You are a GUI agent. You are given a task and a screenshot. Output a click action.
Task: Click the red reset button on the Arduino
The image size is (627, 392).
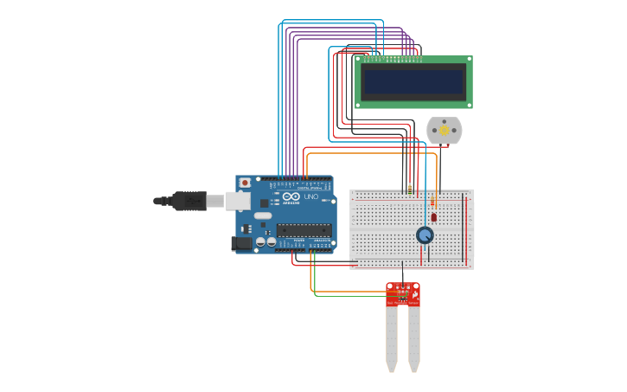[x=245, y=183]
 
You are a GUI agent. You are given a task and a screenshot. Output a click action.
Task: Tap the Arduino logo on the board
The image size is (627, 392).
[x=290, y=198]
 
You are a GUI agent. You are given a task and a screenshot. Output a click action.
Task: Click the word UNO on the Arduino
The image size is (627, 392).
[x=310, y=197]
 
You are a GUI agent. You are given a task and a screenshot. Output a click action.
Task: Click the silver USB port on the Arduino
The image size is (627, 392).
[x=238, y=202]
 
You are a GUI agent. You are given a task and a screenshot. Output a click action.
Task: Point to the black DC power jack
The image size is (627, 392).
[x=241, y=244]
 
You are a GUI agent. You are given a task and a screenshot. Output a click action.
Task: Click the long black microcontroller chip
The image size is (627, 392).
[x=304, y=230]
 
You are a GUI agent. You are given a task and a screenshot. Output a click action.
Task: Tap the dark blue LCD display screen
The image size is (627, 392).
[x=413, y=82]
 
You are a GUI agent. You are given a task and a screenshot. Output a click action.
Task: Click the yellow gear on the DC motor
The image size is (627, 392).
[x=445, y=131]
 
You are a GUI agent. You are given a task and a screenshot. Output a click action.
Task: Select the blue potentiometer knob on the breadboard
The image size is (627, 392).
[x=425, y=235]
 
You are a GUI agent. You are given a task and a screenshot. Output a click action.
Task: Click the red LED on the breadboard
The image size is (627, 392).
[x=433, y=216]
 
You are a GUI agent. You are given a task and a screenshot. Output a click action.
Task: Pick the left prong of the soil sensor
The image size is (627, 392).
[x=392, y=337]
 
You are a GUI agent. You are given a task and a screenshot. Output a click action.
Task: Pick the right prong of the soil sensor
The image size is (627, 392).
[x=414, y=337]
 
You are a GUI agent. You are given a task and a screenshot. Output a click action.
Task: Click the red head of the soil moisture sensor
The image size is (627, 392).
[x=403, y=294]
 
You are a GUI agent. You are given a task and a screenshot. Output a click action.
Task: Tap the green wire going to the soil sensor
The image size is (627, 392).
[x=346, y=297]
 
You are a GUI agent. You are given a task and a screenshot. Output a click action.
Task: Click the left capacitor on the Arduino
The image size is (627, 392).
[x=259, y=243]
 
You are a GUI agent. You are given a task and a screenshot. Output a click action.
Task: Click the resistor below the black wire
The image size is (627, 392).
[x=409, y=191]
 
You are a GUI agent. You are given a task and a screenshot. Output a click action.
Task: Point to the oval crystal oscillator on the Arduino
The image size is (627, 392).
[x=263, y=215]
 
